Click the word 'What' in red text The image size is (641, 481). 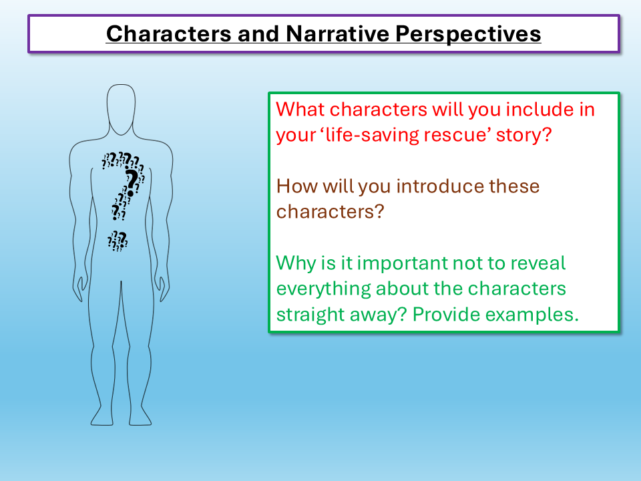[300, 109]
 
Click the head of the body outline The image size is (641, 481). [121, 110]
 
